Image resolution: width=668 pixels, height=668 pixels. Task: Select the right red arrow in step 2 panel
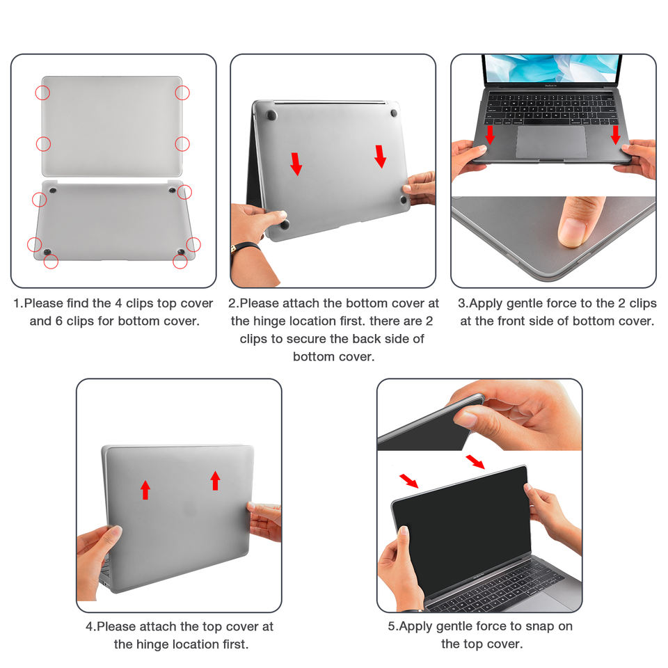pos(381,157)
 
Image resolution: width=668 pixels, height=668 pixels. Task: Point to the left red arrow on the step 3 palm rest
pos(490,134)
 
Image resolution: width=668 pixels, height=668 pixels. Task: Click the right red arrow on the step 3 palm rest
pos(615,134)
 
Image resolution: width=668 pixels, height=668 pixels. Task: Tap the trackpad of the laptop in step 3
pos(551,142)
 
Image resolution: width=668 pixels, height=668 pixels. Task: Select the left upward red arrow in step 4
pos(145,490)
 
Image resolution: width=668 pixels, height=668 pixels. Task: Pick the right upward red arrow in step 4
pos(216,481)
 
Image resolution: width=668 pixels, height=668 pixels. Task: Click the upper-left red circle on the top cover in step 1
pos(42,93)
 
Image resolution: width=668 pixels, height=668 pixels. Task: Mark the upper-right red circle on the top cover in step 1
pos(182,93)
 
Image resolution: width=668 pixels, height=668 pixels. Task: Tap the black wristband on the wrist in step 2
pos(245,248)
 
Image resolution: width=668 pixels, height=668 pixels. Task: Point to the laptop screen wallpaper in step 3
pos(552,68)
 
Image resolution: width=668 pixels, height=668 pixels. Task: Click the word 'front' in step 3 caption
pos(508,321)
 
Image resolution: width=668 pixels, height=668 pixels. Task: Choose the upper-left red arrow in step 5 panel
pos(409,481)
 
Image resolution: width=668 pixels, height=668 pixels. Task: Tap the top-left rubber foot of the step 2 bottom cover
pos(271,115)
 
